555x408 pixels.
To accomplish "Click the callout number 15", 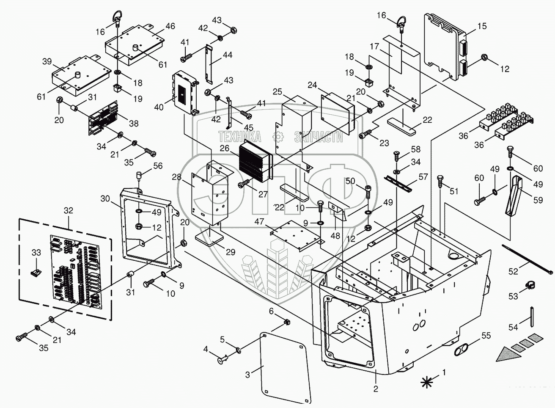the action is pos(482,26).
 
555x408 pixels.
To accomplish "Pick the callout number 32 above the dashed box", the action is pos(69,210).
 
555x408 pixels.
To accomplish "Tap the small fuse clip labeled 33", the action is pos(36,273).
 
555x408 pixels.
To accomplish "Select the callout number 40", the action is pos(159,107).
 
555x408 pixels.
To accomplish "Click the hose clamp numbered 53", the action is pos(530,285).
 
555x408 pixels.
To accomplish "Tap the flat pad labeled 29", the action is pos(209,237).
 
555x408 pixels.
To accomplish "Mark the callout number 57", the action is pos(423,176).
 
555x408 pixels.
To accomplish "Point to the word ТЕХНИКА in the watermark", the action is pos(239,136).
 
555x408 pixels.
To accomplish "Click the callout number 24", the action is pos(312,85).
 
